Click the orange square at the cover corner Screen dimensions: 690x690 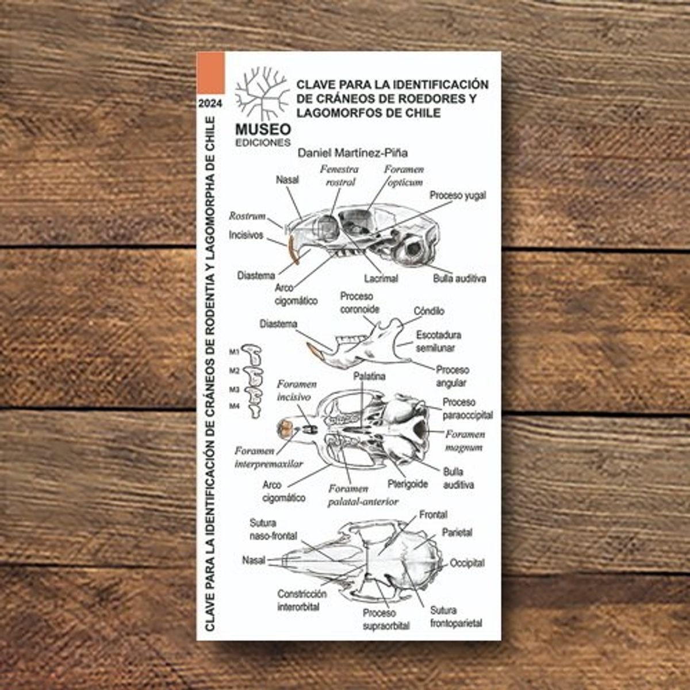coord(211,73)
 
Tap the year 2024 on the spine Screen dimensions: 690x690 coord(210,104)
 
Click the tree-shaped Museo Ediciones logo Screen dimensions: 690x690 coord(262,93)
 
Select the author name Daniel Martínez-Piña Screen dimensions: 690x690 coord(352,153)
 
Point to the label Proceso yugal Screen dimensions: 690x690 coord(458,195)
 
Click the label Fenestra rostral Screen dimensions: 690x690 coord(339,175)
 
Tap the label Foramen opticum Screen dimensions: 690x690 coord(404,175)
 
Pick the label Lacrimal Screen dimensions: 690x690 coord(381,278)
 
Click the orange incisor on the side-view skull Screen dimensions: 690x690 coord(293,250)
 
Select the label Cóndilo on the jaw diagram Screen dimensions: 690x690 coord(429,311)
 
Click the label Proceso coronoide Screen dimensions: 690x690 coord(359,302)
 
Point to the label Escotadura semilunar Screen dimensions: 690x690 coord(438,342)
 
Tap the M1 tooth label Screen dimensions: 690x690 coord(234,352)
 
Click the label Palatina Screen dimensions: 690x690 coord(369,376)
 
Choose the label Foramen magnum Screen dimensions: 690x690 coord(465,441)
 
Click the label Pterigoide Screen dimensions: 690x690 coord(408,484)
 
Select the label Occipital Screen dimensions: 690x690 coord(467,563)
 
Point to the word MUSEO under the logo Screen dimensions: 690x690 coord(263,129)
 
